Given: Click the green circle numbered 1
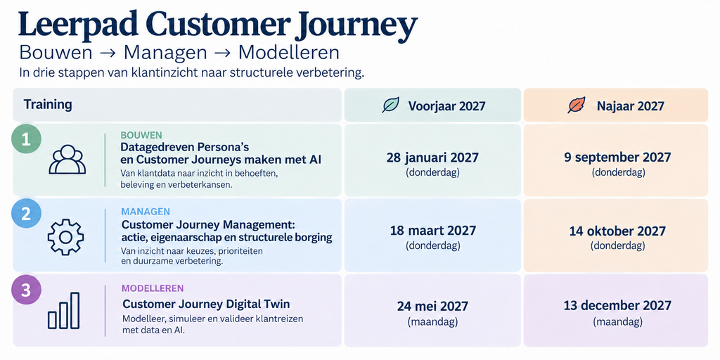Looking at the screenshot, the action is pos(26,139).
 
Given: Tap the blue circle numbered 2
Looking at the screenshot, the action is pos(26,214).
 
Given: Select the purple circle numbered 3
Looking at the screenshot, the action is pos(26,290).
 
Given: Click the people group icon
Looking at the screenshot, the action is pos(67,160).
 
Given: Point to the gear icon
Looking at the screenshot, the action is pos(65,237).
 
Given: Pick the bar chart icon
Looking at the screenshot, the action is pos(64,311).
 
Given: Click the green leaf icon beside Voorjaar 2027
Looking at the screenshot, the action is pos(391,105).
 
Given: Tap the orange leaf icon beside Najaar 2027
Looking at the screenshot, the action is pos(577,105).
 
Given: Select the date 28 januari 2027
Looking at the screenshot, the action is pos(432,157).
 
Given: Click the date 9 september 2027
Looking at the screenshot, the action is pos(617,157).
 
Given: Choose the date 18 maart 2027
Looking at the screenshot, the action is pos(433,231).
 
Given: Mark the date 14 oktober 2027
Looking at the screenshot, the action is pos(617,231).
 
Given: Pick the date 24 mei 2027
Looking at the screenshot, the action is pos(432,307).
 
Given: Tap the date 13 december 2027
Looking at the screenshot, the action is pos(617,306).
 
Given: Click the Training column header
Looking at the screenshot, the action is pos(48,105).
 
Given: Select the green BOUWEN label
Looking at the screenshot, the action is pos(141,136).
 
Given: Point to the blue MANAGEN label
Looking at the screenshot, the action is pos(146,212).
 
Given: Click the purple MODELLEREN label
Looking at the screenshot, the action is pos(153,288).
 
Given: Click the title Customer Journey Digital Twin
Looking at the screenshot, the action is pos(206,304).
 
